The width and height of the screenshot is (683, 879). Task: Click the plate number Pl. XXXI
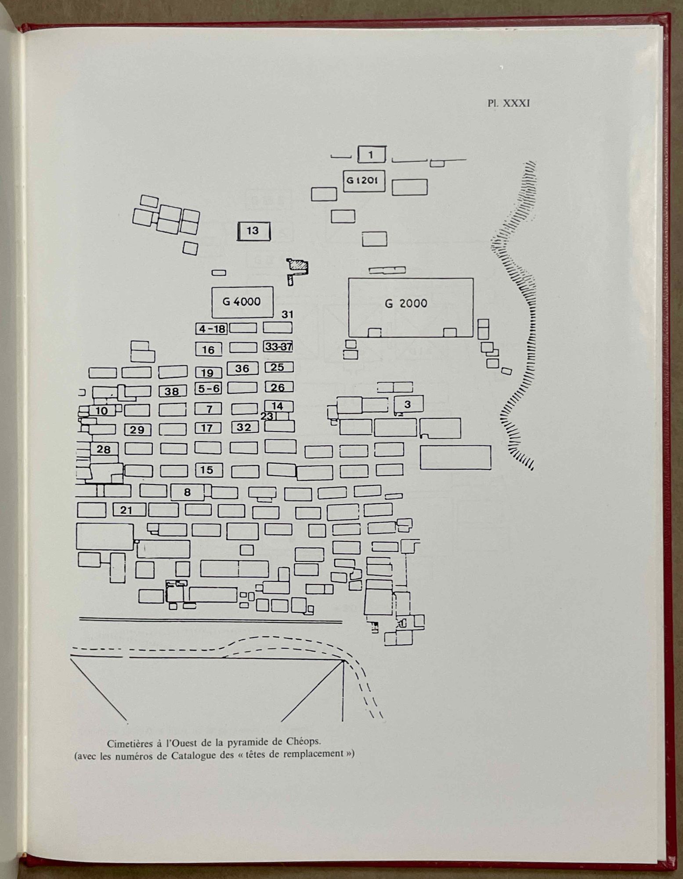(509, 103)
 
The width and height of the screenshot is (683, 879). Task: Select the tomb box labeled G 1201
(364, 181)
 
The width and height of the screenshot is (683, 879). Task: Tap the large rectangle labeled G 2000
(411, 308)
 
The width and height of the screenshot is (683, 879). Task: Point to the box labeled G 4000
(242, 302)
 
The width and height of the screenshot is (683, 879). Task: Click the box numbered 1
(372, 155)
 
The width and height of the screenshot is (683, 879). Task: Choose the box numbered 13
(253, 231)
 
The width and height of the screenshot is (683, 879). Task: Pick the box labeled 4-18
(212, 329)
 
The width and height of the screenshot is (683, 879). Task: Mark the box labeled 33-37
(278, 347)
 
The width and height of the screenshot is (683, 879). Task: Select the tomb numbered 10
(102, 411)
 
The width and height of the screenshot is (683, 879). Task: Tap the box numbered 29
(137, 430)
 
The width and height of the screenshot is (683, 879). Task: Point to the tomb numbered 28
(104, 449)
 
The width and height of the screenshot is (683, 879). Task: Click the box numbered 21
(129, 510)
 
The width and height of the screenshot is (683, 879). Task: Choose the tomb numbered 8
(188, 492)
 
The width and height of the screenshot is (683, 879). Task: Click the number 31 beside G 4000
(287, 315)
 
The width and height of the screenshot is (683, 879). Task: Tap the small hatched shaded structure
(297, 266)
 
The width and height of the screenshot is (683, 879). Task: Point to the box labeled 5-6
(209, 389)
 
